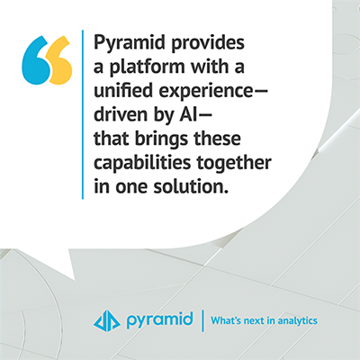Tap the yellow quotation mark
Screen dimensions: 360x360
[59, 60]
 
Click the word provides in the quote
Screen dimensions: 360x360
[208, 43]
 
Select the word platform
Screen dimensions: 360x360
[147, 67]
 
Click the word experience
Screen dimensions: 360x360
[206, 92]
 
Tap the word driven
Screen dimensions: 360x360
[121, 114]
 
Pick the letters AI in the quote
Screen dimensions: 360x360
[189, 115]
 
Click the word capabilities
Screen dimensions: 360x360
[142, 164]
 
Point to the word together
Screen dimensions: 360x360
[234, 164]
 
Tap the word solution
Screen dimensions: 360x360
[189, 186]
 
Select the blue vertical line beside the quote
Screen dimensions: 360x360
[83, 114]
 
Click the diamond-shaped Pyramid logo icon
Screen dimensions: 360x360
[107, 320]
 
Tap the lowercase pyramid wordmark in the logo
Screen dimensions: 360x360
[159, 320]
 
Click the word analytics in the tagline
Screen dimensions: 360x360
[297, 321]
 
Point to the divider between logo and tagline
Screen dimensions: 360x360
[202, 321]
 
